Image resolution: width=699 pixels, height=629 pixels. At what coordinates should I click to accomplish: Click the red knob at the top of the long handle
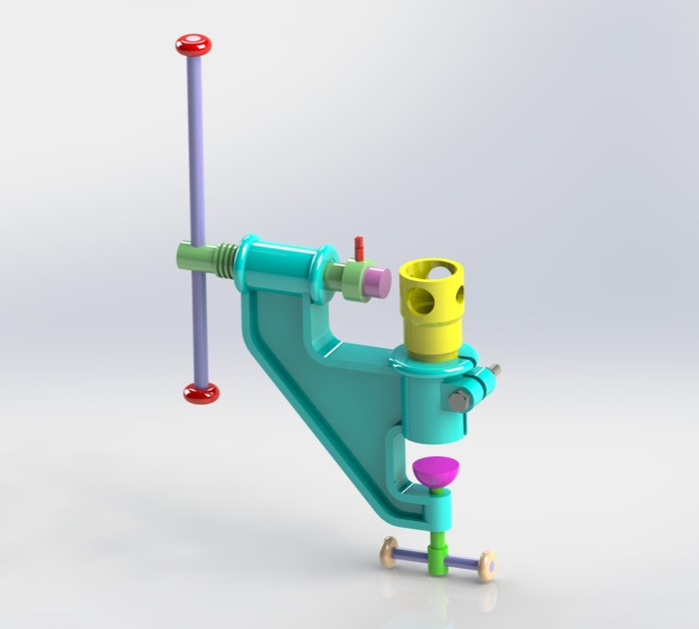click(x=193, y=44)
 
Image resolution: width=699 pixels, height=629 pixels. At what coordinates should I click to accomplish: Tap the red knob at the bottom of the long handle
click(x=201, y=393)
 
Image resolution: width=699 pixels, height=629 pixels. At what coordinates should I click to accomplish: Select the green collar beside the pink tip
click(x=349, y=277)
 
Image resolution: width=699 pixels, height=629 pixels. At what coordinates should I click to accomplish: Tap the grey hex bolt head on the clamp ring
click(x=457, y=402)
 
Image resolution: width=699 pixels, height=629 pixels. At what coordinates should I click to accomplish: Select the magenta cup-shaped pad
click(x=436, y=474)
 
